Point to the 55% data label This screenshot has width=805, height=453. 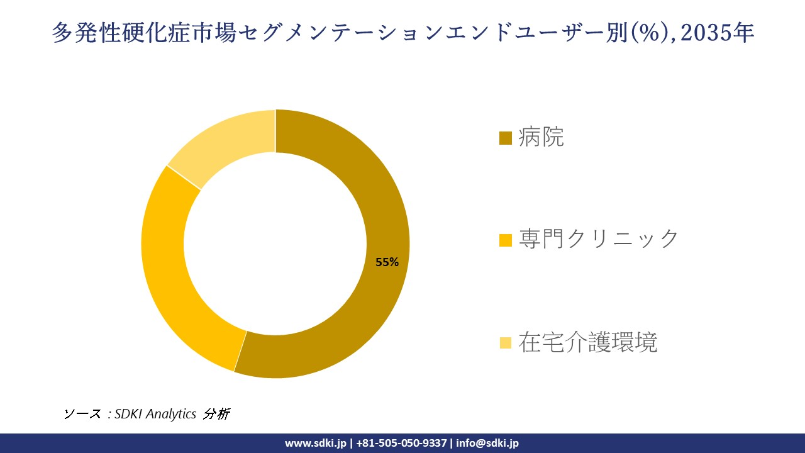(x=387, y=262)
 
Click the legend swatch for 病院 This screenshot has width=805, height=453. (x=505, y=138)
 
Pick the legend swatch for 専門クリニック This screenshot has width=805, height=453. (x=505, y=240)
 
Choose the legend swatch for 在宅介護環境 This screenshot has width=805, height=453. (x=505, y=343)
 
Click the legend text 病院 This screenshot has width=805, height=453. (x=541, y=137)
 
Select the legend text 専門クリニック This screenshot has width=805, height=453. (x=599, y=239)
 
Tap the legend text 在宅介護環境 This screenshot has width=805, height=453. (x=588, y=342)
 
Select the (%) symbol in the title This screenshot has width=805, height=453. (x=652, y=33)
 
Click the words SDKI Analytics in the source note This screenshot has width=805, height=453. (x=155, y=414)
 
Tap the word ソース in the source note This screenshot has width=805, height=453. (x=82, y=414)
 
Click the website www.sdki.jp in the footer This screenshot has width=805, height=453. (x=316, y=443)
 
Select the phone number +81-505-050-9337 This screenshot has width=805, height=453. (x=401, y=443)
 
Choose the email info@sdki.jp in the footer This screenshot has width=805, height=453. (x=487, y=443)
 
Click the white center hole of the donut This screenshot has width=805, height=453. (x=275, y=243)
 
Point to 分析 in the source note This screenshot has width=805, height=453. (x=217, y=414)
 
